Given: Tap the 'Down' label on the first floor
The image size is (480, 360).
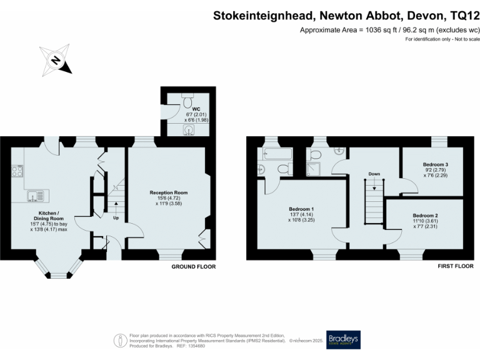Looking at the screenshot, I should coord(374,174).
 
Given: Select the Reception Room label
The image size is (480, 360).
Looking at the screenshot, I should coord(168,192).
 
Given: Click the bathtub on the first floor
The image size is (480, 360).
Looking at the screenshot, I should coord(275,154).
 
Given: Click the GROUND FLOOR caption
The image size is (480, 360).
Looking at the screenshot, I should coord(194,266).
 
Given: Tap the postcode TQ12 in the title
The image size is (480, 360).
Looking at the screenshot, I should coord(462,16).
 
